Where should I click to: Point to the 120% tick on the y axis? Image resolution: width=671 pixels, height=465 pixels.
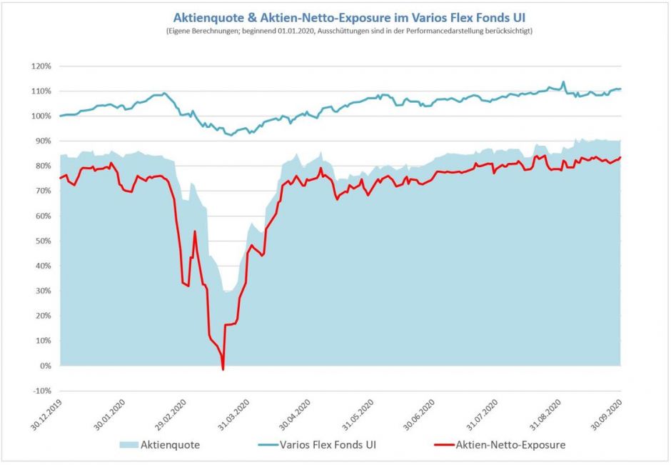point(41,66)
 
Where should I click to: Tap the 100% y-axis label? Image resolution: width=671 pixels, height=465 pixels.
point(41,116)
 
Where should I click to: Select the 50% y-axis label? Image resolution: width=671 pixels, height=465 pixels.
point(42,241)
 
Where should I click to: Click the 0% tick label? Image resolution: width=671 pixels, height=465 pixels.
point(44,366)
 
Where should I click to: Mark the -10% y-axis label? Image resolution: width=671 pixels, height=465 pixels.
point(41,391)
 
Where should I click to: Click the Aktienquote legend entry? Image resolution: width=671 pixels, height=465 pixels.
point(169,445)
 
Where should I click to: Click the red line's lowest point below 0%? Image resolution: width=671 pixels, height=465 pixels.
point(223,369)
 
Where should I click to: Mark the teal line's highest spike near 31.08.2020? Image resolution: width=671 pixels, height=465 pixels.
point(563,81)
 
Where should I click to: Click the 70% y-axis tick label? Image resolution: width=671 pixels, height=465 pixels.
point(42,191)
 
